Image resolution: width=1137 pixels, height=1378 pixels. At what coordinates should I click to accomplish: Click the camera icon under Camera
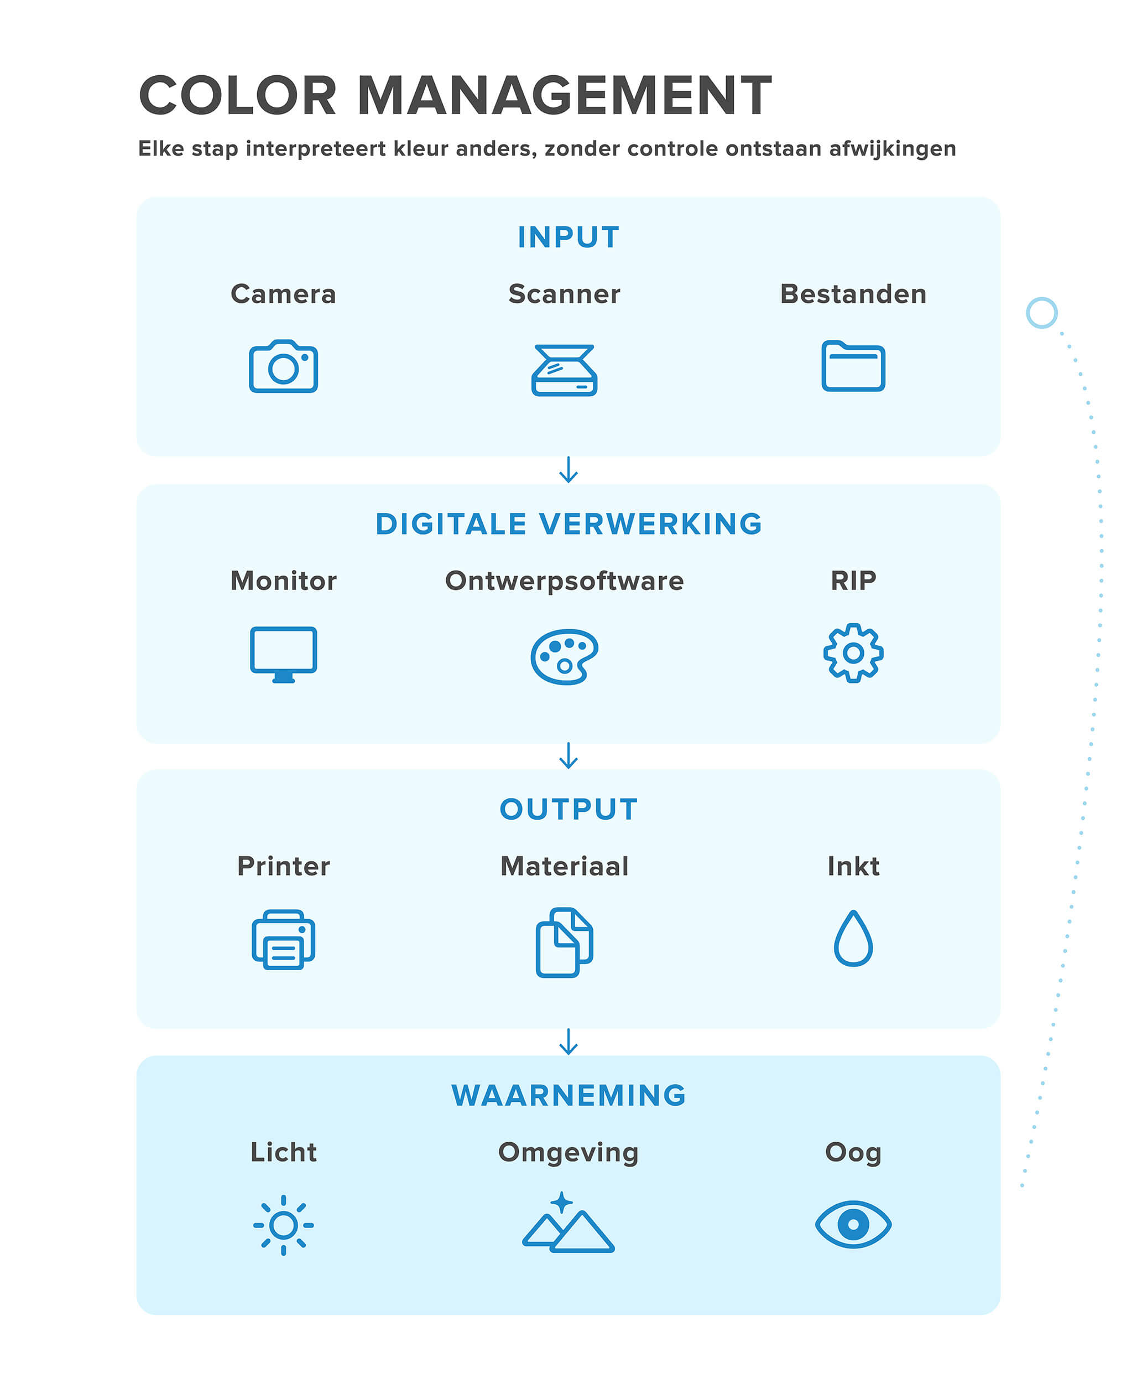[x=283, y=366]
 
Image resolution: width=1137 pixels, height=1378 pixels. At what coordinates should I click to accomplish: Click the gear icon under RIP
[x=853, y=652]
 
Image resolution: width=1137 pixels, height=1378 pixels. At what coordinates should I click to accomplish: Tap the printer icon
[x=283, y=939]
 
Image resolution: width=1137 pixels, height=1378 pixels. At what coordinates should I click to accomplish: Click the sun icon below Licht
[x=283, y=1225]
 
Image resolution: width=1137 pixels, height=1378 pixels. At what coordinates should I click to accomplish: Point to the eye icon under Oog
[x=853, y=1224]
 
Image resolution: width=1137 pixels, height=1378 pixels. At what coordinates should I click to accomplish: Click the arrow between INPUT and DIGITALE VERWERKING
[x=568, y=469]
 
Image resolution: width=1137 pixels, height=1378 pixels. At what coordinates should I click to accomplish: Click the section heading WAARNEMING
[x=568, y=1095]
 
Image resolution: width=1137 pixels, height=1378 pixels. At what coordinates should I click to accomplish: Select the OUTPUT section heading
[x=568, y=809]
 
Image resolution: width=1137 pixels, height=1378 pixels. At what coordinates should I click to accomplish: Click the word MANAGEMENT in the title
[x=564, y=96]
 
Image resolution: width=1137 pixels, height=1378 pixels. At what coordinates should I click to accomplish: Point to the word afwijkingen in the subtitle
[x=892, y=149]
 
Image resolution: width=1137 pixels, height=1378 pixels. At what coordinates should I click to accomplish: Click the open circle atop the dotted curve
[x=1041, y=313]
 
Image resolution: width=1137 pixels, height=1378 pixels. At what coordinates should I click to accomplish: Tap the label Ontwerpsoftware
[x=564, y=581]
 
